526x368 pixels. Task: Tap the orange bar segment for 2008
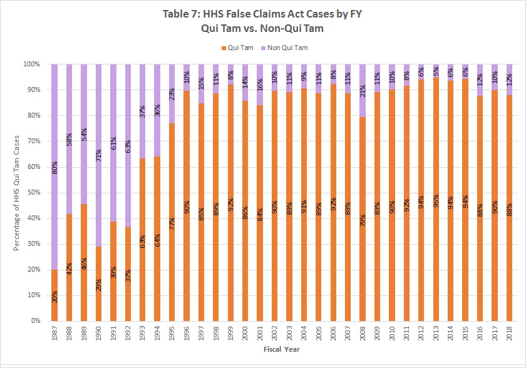click(361, 263)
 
